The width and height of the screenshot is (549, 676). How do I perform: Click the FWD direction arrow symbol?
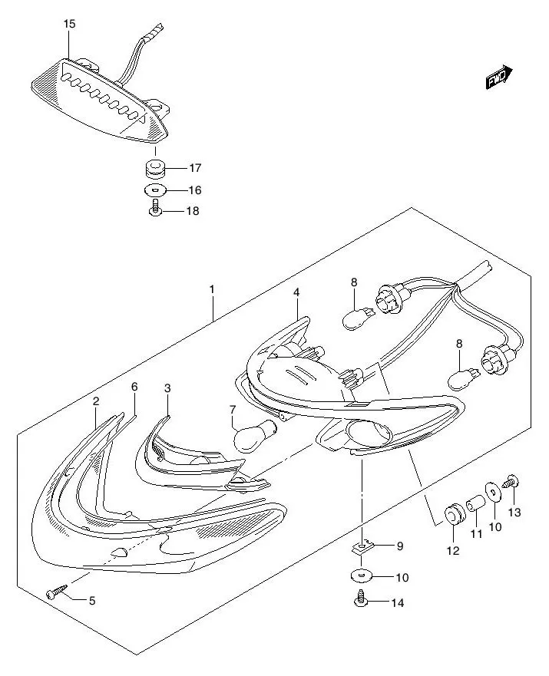[498, 77]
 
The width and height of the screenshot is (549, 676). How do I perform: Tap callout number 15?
[69, 25]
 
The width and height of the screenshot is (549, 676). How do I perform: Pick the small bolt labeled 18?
[155, 209]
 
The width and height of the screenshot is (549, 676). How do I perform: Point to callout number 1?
[212, 290]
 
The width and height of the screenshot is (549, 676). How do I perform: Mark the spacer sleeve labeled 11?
[475, 506]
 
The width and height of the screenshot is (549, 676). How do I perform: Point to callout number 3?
[167, 388]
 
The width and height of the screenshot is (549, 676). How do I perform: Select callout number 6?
[134, 387]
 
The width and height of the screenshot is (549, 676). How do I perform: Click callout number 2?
[96, 401]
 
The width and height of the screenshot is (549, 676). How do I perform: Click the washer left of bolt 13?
[491, 492]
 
